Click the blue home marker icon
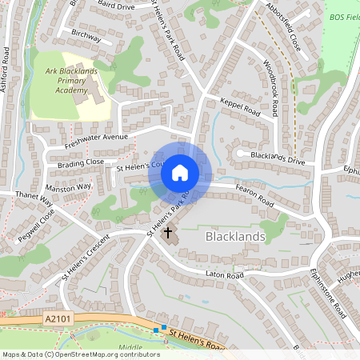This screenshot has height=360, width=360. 180,173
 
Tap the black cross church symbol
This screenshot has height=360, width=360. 168,233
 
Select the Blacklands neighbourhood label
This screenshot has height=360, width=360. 235,237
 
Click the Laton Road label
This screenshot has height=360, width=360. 223,274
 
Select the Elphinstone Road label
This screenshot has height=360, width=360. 328,291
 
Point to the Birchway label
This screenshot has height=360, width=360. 86,37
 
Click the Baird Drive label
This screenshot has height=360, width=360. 116,6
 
